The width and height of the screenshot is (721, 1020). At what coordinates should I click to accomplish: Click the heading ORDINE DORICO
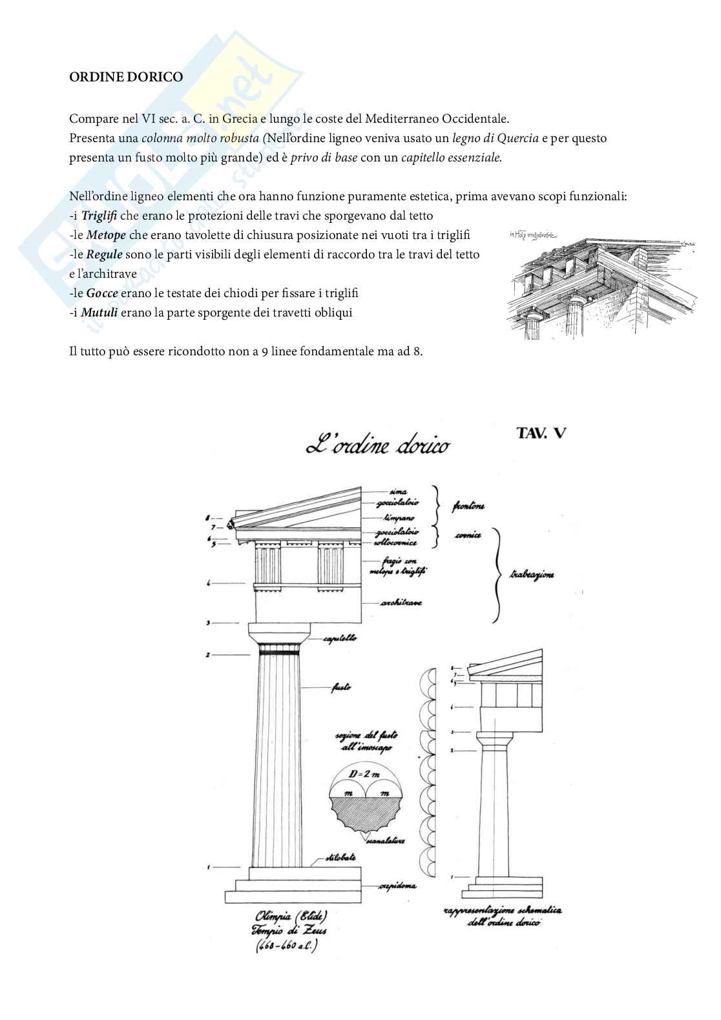[126, 77]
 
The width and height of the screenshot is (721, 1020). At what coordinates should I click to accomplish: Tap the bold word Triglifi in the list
[99, 216]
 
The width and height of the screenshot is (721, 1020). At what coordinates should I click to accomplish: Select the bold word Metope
[105, 235]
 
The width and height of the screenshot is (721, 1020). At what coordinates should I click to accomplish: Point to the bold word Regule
[104, 255]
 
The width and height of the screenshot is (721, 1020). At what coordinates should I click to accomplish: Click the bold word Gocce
[101, 293]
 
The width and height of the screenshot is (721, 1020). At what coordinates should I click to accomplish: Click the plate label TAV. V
[541, 433]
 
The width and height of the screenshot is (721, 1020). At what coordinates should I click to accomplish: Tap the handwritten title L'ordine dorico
[378, 445]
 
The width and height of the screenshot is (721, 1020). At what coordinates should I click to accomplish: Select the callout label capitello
[340, 638]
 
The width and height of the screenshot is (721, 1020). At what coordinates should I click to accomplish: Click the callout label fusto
[341, 688]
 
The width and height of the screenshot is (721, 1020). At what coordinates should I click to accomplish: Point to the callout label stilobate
[340, 858]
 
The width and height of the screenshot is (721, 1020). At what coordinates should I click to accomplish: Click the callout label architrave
[401, 603]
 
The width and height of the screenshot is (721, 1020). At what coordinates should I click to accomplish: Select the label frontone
[468, 506]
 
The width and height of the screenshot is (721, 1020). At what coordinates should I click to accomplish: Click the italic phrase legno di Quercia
[495, 138]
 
